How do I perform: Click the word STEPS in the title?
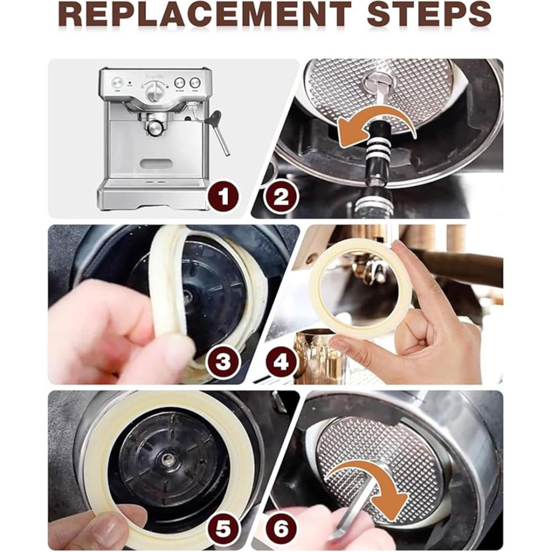(429, 14)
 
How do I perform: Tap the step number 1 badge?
(223, 197)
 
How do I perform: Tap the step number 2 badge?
(280, 197)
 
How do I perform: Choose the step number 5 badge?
(223, 529)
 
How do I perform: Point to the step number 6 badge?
(281, 529)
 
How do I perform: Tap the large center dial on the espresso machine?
(154, 90)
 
